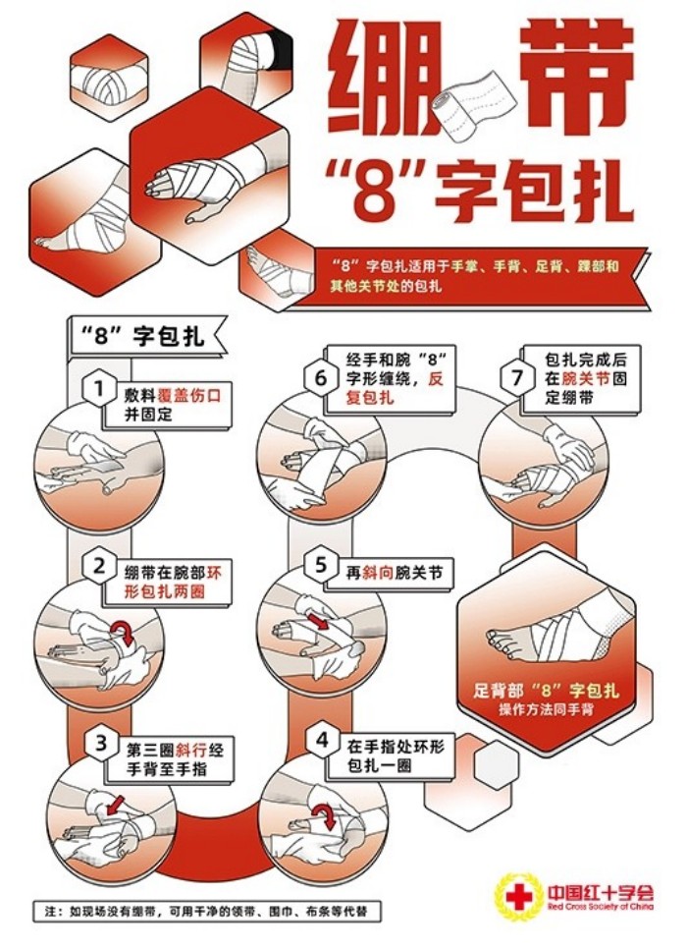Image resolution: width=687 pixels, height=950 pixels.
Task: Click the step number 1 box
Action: pos(98,390)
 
